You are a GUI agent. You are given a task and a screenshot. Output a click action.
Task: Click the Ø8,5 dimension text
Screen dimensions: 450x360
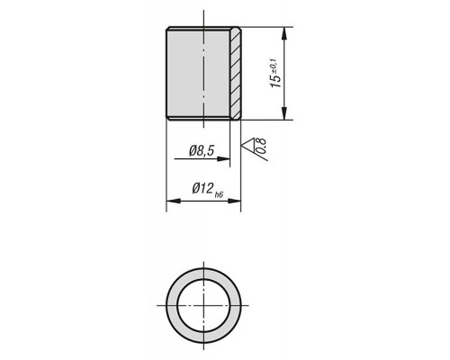pyautogui.click(x=202, y=150)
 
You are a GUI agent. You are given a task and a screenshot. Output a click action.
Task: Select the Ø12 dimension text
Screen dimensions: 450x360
pyautogui.click(x=202, y=189)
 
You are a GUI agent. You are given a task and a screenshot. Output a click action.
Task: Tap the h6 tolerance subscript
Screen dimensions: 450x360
pyautogui.click(x=219, y=195)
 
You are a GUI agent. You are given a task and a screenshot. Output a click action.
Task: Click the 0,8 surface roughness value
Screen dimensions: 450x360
pyautogui.click(x=261, y=145)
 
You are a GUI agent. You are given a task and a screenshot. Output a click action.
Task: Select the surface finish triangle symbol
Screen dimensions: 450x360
pyautogui.click(x=248, y=144)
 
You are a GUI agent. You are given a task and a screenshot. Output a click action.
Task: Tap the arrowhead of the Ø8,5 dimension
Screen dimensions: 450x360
pyautogui.click(x=223, y=158)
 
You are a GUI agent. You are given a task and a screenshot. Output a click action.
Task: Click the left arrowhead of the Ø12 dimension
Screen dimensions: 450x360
pyautogui.click(x=173, y=201)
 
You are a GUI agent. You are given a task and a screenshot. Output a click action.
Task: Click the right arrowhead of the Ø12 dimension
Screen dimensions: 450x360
pyautogui.click(x=234, y=201)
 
